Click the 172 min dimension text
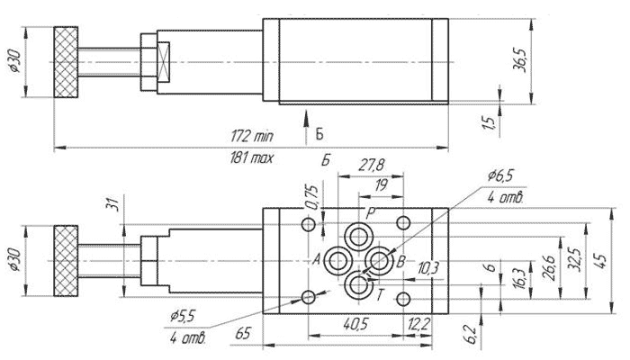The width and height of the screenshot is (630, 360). pos(252,136)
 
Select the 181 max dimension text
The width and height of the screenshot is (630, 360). pos(251,157)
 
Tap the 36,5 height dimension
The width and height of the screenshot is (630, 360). pos(520,59)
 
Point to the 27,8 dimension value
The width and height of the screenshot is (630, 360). pos(371,166)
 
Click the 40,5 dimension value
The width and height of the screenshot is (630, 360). pos(356,323)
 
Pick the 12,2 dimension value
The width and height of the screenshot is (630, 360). pos(419,323)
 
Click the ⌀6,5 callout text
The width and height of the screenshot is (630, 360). pos(500,175)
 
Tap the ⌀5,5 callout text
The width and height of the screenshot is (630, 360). pos(182,317)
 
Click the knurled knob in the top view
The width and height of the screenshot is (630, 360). pos(66,62)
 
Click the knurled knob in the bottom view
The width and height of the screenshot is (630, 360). pos(66,261)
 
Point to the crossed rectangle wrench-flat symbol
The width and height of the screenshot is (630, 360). pos(164,62)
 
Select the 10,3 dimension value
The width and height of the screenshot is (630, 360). pos(428,268)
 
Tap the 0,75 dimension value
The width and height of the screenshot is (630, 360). pos(312,197)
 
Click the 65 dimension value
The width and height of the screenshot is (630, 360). pos(243,334)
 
